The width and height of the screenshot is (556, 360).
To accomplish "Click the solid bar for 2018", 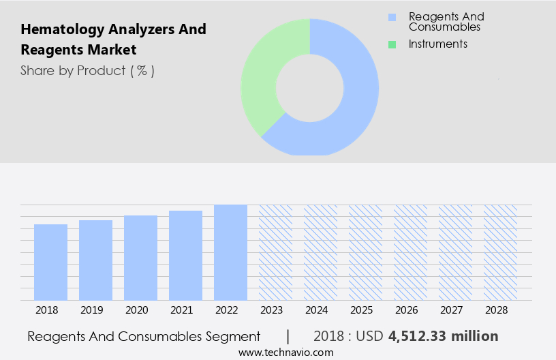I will click(x=50, y=262).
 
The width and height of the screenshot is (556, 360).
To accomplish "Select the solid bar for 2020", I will click(x=140, y=258).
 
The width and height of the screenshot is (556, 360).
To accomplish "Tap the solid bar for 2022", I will click(x=230, y=252).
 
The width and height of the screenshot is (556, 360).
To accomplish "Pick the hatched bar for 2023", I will click(x=275, y=252).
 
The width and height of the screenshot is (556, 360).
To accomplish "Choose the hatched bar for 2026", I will click(x=410, y=252).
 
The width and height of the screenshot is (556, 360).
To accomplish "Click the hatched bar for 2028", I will click(x=500, y=252).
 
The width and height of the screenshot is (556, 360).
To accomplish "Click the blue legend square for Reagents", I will click(x=392, y=17).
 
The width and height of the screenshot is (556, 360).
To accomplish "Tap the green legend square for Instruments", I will click(x=392, y=44).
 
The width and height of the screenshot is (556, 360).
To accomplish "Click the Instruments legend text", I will click(x=437, y=44).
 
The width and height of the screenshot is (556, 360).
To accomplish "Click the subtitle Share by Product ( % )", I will click(x=87, y=70).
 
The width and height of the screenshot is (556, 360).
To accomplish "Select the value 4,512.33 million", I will click(x=443, y=336).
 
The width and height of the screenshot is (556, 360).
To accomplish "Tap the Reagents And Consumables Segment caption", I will click(x=144, y=336).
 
